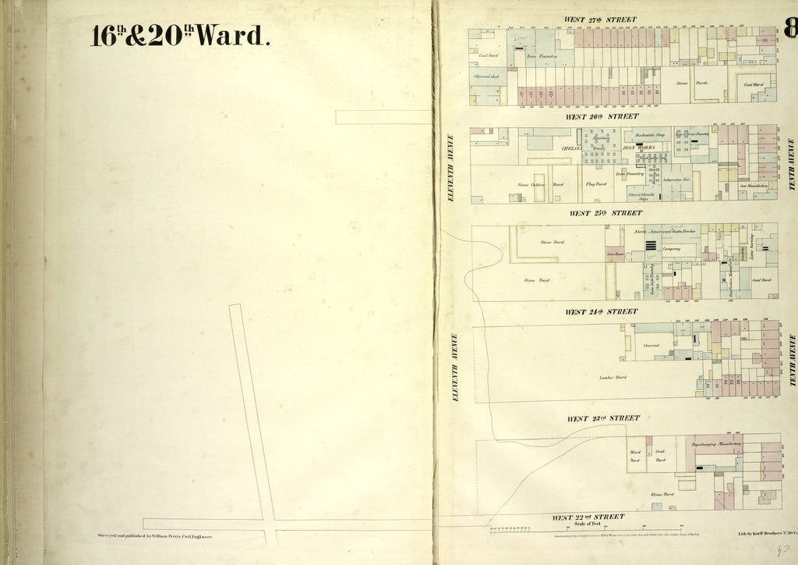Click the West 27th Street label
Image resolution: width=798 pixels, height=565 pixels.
(601, 19)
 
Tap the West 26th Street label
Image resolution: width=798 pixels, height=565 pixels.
(602, 116)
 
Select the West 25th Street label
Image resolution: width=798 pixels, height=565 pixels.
(606, 212)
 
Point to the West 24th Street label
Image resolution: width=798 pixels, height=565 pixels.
(601, 311)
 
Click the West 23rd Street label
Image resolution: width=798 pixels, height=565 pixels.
(603, 418)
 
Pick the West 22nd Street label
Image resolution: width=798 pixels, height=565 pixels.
(588, 517)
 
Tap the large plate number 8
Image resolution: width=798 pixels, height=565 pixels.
(790, 29)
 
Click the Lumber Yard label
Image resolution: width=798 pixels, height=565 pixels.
(613, 377)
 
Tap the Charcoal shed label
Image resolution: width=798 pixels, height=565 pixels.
(486, 76)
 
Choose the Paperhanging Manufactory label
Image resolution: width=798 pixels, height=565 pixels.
(716, 443)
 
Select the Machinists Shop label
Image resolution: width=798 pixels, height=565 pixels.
(648, 134)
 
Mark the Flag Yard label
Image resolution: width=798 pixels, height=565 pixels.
(596, 184)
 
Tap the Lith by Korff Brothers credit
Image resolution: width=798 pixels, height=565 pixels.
(766, 535)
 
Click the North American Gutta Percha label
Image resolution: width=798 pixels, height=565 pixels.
(664, 233)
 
